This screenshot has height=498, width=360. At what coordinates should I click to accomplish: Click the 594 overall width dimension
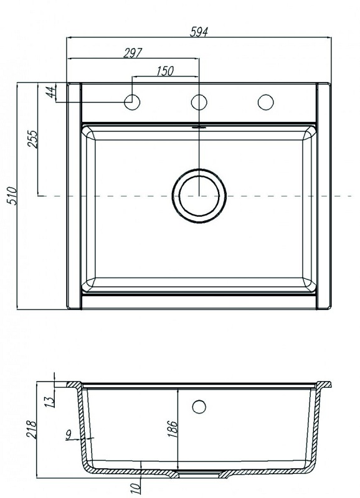199,32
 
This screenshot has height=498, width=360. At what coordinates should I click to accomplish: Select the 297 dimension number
133,53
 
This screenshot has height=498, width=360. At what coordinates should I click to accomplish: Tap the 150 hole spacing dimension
165,71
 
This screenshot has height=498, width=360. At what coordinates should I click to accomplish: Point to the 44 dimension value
50,92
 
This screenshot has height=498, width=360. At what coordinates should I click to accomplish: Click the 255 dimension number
33,139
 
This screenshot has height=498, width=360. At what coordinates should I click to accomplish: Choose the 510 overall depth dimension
12,196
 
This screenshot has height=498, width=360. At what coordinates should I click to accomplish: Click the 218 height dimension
32,430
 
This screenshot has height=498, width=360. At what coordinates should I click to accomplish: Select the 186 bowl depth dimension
173,429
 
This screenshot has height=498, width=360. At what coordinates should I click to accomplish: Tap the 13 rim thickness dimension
50,402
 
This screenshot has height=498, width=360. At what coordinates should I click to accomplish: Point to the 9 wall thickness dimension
69,434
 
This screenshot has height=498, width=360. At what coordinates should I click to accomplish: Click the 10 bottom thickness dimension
135,488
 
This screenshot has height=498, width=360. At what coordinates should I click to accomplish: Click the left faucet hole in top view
132,102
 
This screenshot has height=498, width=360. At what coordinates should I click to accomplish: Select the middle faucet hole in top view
199,102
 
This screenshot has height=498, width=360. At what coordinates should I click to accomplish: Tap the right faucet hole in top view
266,102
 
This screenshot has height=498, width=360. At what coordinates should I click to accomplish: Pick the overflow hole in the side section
199,407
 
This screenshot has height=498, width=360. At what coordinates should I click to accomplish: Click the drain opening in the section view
199,474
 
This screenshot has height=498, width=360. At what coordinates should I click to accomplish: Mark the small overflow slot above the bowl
199,127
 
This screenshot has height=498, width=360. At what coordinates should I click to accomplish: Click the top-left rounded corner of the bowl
88,133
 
